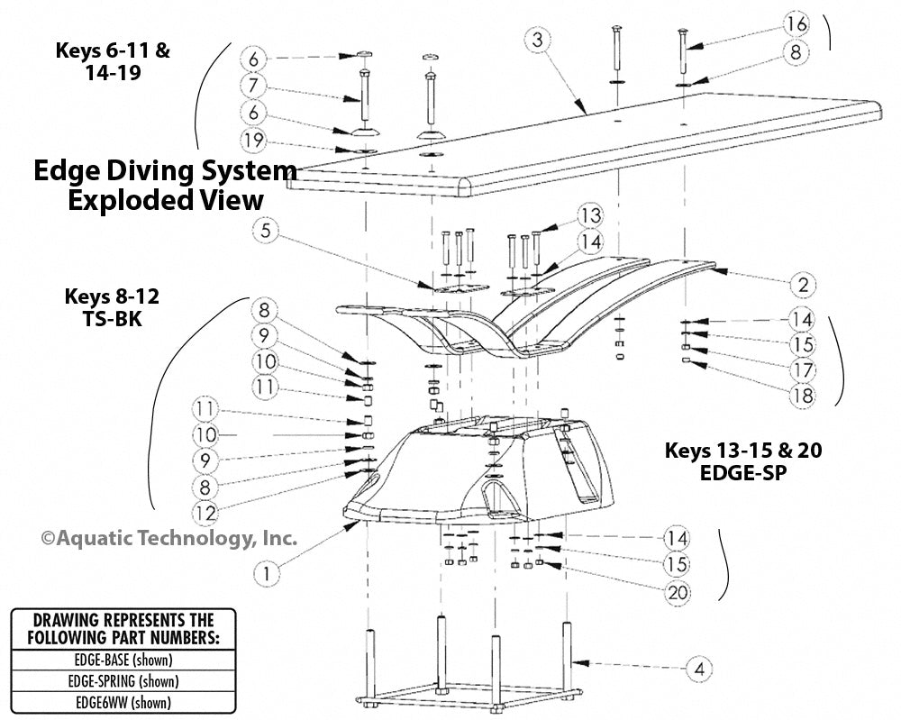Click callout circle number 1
(x=266, y=570)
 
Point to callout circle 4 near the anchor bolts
(x=698, y=670)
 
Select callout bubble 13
(x=590, y=216)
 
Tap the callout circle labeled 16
(x=796, y=23)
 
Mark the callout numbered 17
(x=801, y=369)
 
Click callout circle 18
(x=801, y=394)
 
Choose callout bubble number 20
(x=677, y=592)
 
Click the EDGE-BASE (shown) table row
(x=123, y=659)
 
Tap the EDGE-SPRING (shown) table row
(x=123, y=680)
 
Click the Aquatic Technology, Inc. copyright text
(x=168, y=538)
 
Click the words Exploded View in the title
(x=167, y=199)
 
